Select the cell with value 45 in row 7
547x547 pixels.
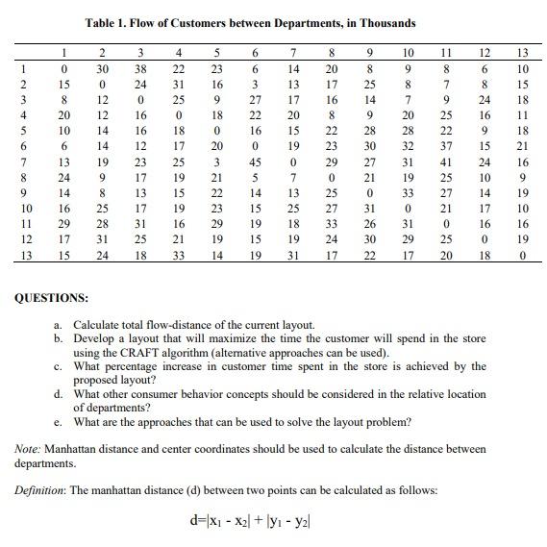[x=257, y=163]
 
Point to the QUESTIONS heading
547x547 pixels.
[x=53, y=298]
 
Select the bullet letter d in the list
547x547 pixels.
[x=59, y=393]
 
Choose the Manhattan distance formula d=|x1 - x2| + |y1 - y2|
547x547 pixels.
[x=265, y=524]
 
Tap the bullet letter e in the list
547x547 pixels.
[x=59, y=421]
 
